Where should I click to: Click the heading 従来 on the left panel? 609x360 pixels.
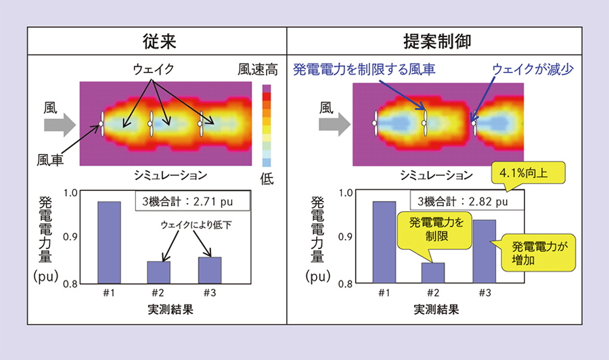[x=159, y=41]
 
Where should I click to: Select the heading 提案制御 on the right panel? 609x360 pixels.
[x=447, y=41]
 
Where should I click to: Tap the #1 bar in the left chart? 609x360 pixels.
[x=109, y=242]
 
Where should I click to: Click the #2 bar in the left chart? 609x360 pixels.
[x=159, y=271]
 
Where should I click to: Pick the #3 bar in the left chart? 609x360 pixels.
[x=209, y=269]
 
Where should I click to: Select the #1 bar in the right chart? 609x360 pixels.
[x=384, y=242]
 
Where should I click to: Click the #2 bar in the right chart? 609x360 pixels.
[x=433, y=272]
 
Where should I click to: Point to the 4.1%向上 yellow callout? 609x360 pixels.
[x=529, y=173]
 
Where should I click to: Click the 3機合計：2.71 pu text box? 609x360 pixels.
[x=193, y=200]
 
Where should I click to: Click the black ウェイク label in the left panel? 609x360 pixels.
[x=154, y=69]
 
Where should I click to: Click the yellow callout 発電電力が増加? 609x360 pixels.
[x=538, y=252]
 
